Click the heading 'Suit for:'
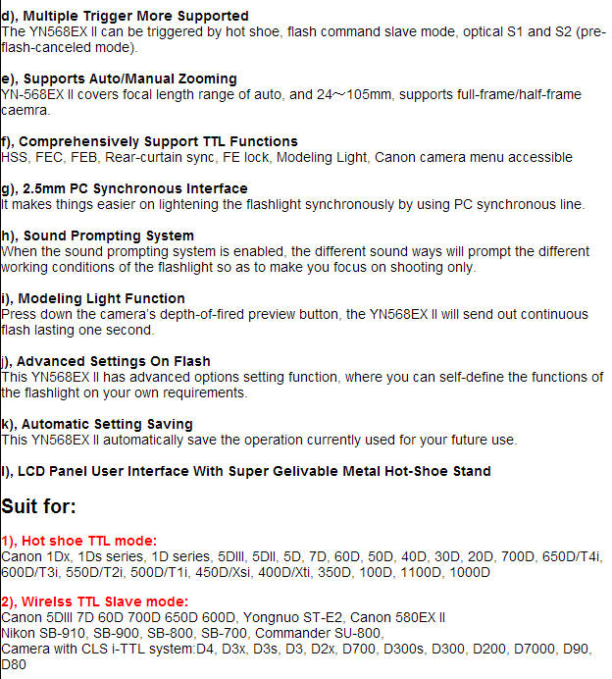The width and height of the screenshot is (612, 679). coord(38,506)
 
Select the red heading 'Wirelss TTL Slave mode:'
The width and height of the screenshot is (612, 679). coord(95,601)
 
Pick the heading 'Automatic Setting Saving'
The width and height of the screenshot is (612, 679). coord(102,424)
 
